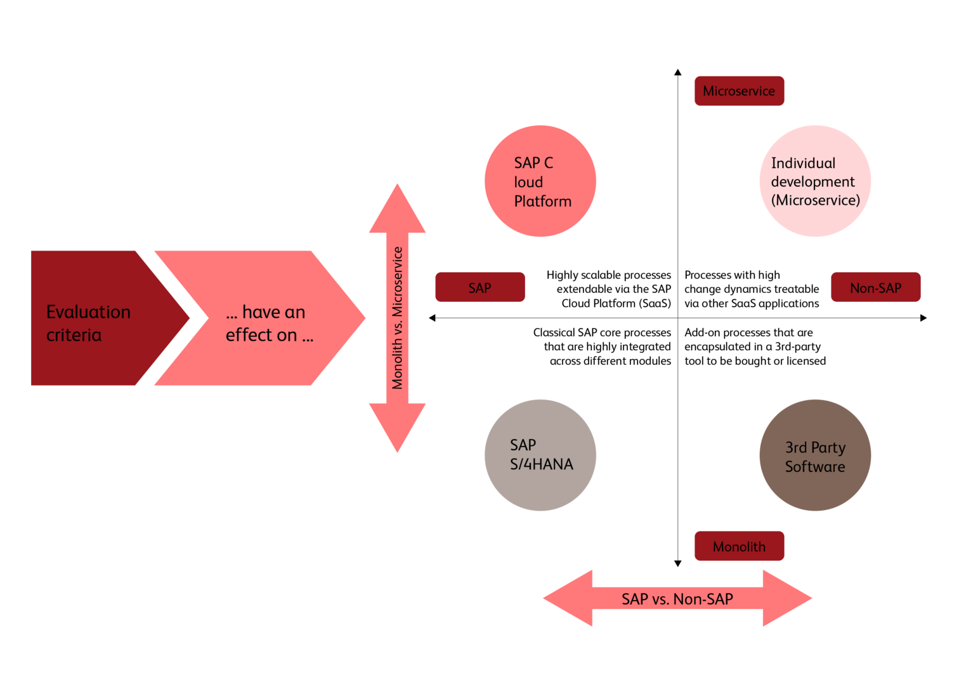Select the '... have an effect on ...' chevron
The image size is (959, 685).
coord(260,318)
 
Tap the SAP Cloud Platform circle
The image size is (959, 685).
coord(540,181)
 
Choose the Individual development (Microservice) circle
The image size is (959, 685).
coord(815,181)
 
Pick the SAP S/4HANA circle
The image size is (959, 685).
coord(540,455)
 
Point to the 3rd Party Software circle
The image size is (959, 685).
coord(815,455)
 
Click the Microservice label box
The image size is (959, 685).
coord(739,91)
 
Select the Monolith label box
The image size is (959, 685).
coord(739,546)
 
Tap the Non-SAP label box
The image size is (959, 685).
coord(875,287)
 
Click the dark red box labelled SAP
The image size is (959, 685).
coord(480,287)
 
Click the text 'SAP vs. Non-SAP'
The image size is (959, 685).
coord(677,599)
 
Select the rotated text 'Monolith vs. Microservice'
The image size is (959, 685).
coord(398,318)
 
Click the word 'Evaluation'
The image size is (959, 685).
coord(88,312)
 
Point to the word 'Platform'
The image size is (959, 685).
coord(543,201)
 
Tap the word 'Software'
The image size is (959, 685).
coord(815,467)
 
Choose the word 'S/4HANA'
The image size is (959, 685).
coord(542,464)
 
